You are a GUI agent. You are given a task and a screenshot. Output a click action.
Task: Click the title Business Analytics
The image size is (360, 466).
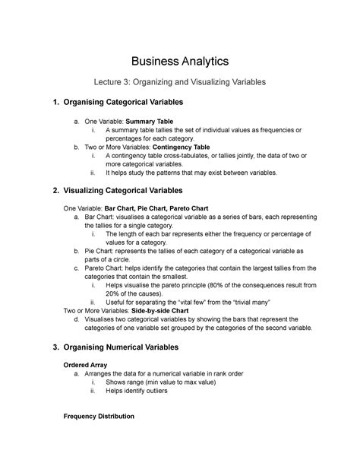pos(180,60)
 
